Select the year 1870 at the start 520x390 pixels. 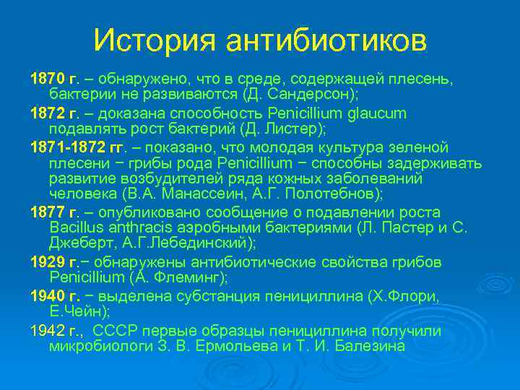click(x=46, y=78)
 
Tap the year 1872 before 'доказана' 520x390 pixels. click(x=46, y=113)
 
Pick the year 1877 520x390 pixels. click(x=46, y=212)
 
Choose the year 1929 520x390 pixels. click(x=46, y=261)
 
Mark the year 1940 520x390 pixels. click(x=46, y=296)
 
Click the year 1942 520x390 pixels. click(x=46, y=331)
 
